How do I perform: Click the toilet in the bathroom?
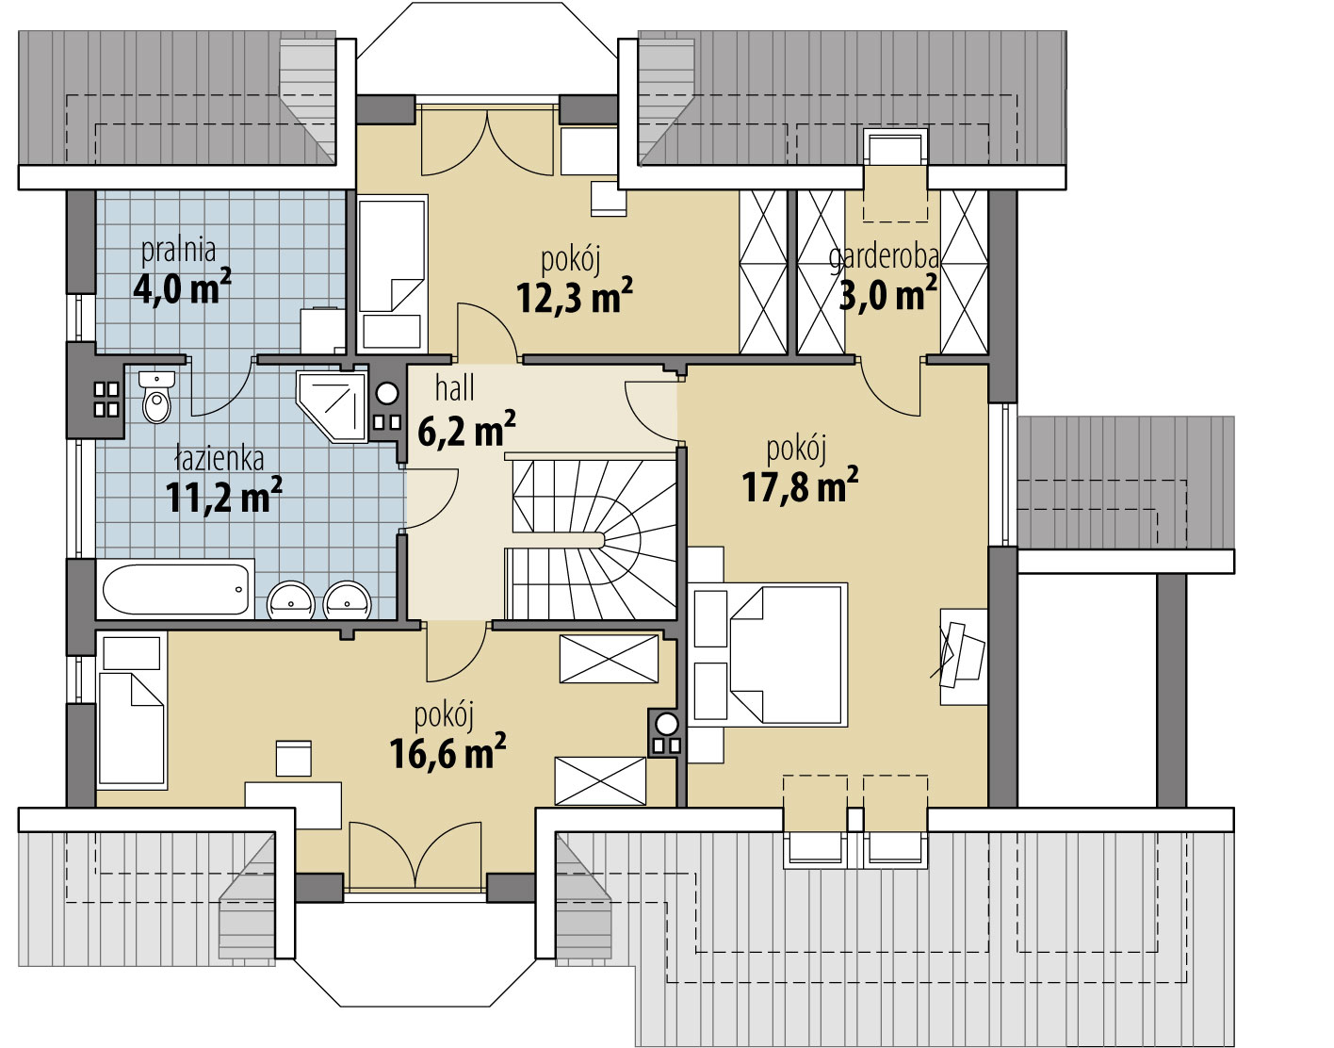pos(157,397)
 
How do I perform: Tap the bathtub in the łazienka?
pos(175,589)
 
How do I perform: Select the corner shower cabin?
pos(333,406)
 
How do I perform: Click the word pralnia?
pos(179,251)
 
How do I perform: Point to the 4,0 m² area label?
pos(183,287)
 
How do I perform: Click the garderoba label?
pos(884,258)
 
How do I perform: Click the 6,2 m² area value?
pos(466,428)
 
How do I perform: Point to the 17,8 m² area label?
pos(800,484)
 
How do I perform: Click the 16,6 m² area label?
pos(447,751)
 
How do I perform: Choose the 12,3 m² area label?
pos(575,295)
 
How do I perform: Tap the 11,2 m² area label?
pos(224,496)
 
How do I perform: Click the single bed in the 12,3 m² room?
pos(392,274)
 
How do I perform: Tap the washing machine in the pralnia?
pos(323,330)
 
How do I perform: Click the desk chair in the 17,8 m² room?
pos(963,653)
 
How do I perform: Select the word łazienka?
pos(220,459)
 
